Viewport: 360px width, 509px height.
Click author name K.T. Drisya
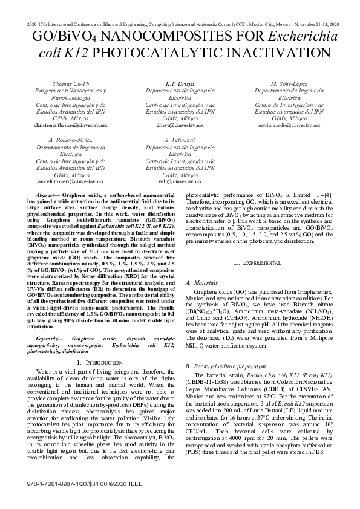tap(180, 83)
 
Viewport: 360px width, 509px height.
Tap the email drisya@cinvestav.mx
tap(180, 125)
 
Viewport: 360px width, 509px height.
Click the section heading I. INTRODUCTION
tap(100, 361)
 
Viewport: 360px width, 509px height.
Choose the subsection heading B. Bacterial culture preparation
tap(225, 366)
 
